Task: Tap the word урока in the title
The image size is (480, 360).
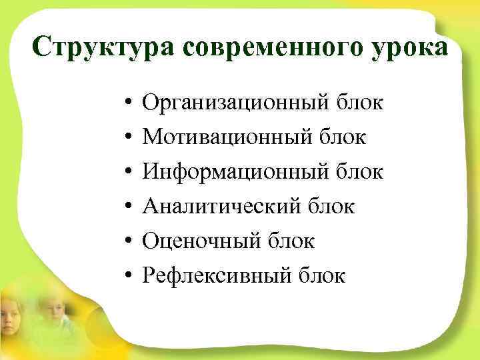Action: pyautogui.click(x=409, y=47)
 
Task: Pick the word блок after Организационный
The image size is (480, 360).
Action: pyautogui.click(x=361, y=104)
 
